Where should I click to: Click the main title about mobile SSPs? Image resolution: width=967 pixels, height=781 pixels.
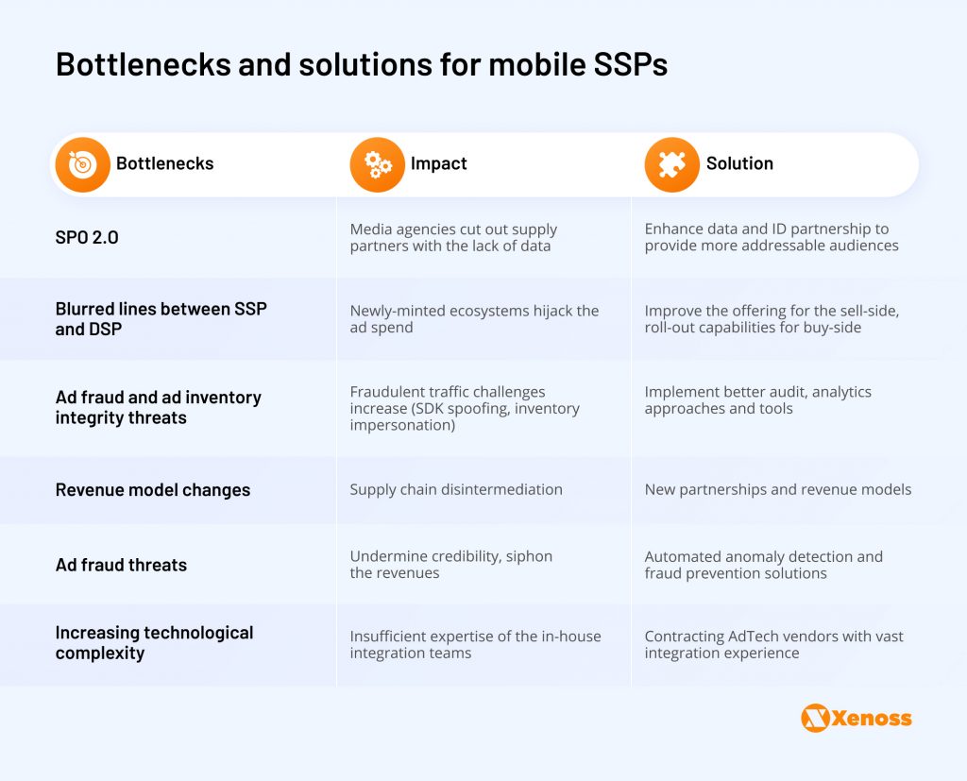pyautogui.click(x=362, y=64)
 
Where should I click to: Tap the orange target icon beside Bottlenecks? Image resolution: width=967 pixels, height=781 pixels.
pyautogui.click(x=82, y=164)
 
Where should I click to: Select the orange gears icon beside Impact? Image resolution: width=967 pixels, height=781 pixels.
pyautogui.click(x=377, y=164)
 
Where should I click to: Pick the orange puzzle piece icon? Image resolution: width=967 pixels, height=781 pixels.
pyautogui.click(x=671, y=164)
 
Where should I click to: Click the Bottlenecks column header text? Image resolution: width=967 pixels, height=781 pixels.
pyautogui.click(x=164, y=163)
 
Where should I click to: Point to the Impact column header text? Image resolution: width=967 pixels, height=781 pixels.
pyautogui.click(x=438, y=163)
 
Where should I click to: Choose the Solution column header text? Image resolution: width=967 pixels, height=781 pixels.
pyautogui.click(x=739, y=163)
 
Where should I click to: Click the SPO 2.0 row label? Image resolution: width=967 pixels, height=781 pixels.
pyautogui.click(x=87, y=237)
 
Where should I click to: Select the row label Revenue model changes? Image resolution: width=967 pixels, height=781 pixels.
pyautogui.click(x=153, y=490)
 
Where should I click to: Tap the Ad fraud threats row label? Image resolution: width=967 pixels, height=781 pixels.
pyautogui.click(x=121, y=565)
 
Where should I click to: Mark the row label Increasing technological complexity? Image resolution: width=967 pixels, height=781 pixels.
pyautogui.click(x=154, y=642)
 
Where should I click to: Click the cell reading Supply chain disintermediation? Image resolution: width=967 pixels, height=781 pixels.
pyautogui.click(x=456, y=489)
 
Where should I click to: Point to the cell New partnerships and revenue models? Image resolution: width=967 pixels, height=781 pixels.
pyautogui.click(x=778, y=489)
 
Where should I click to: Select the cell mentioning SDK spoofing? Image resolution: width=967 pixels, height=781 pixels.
pyautogui.click(x=465, y=409)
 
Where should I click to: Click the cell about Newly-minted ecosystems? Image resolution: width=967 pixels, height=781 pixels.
pyautogui.click(x=474, y=319)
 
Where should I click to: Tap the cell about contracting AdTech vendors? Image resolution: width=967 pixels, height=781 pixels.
pyautogui.click(x=773, y=644)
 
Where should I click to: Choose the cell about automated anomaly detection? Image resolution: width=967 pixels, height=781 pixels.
pyautogui.click(x=763, y=565)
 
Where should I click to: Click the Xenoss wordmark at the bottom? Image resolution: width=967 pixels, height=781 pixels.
pyautogui.click(x=871, y=719)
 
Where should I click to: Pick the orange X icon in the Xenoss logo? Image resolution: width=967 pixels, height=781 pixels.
pyautogui.click(x=814, y=719)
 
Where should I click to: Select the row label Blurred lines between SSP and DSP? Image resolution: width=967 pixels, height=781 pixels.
pyautogui.click(x=161, y=319)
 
